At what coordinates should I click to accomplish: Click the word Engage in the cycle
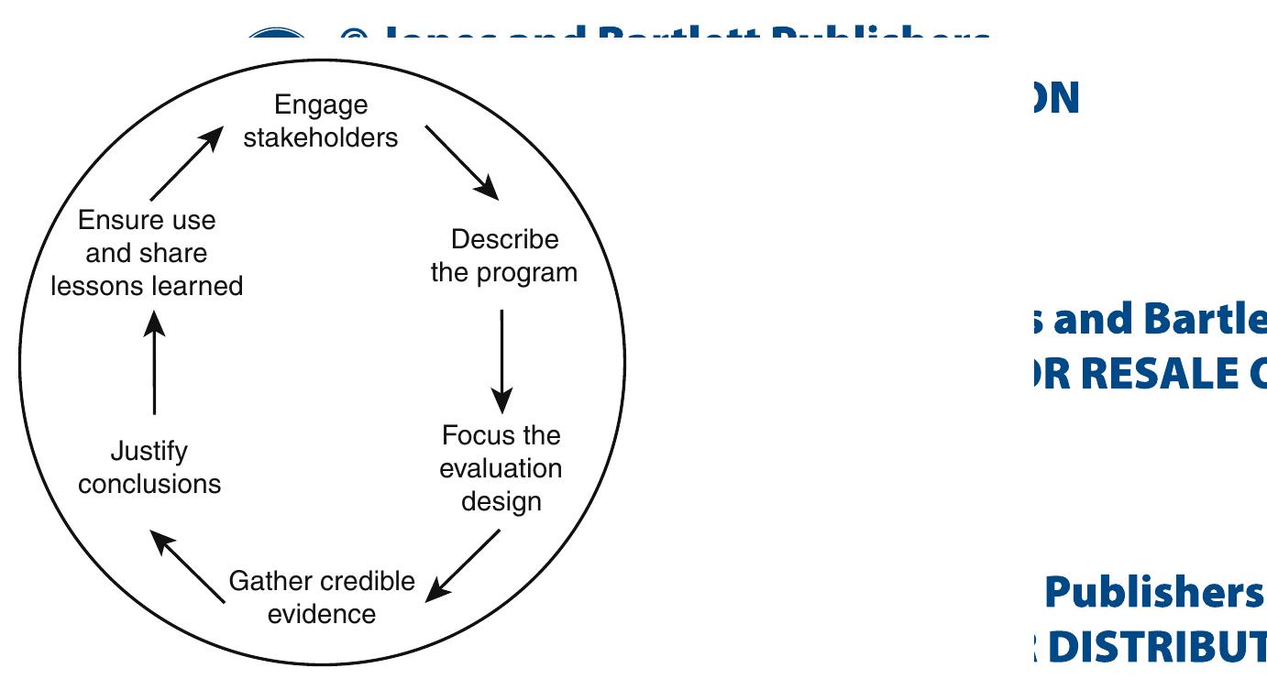[x=321, y=105]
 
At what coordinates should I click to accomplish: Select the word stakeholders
[x=321, y=137]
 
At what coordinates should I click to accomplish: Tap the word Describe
[x=504, y=240]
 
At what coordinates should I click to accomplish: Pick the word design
[x=501, y=501]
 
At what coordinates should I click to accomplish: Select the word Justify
[x=149, y=451]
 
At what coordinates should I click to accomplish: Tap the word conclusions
[x=149, y=484]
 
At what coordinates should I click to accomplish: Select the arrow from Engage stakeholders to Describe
[x=462, y=162]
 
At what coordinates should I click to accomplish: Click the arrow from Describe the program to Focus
[x=501, y=361]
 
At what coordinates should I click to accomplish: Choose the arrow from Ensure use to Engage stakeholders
[x=187, y=163]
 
